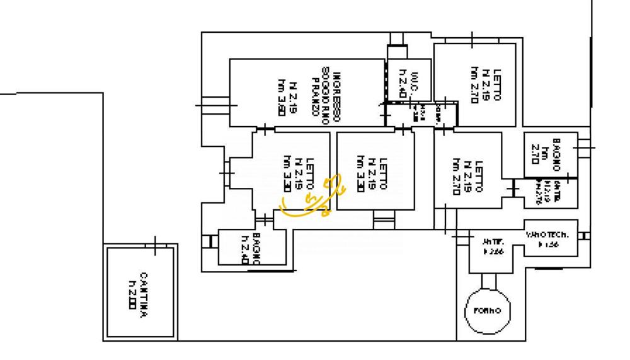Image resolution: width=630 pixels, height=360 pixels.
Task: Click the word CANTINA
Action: pyautogui.click(x=144, y=295)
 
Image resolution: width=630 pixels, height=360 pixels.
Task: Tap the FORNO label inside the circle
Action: pyautogui.click(x=487, y=311)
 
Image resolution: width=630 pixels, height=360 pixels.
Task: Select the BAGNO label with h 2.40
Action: pyautogui.click(x=256, y=248)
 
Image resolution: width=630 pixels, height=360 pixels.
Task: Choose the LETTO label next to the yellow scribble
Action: pyautogui.click(x=309, y=178)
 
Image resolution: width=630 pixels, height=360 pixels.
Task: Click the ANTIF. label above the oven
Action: pyautogui.click(x=491, y=241)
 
